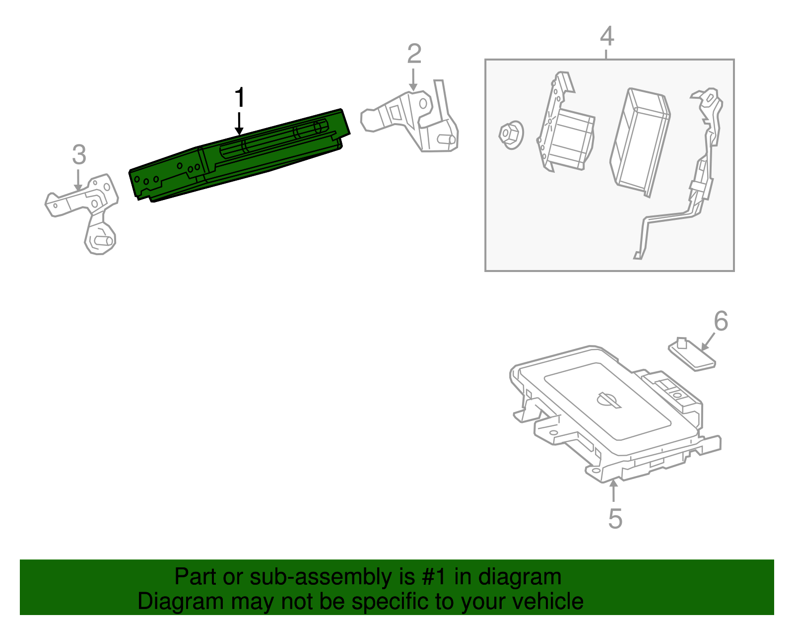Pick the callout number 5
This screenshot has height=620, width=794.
coord(615,519)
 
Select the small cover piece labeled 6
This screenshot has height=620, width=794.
coord(692,354)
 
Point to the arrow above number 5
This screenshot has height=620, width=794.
coord(614,491)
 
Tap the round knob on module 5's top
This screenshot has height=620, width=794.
coord(608,400)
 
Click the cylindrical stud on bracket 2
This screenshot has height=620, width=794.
coord(447,139)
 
